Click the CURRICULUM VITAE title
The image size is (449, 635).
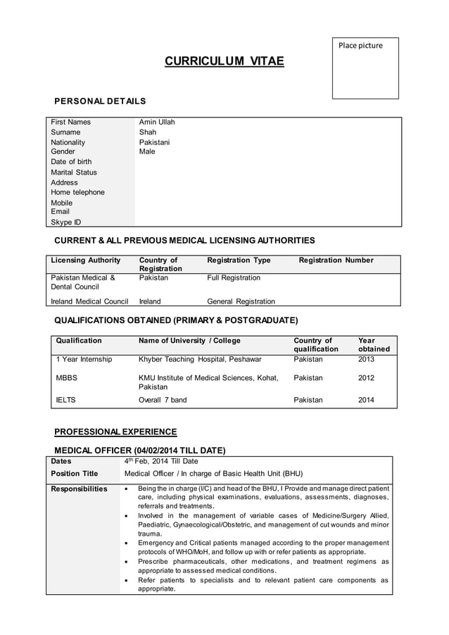click(x=224, y=62)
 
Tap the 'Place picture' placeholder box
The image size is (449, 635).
click(x=365, y=68)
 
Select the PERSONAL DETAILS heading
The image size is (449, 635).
click(x=101, y=101)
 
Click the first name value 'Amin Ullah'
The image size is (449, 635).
click(x=157, y=122)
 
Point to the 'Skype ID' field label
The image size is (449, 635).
click(x=65, y=222)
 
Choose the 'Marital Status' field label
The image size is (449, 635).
click(x=74, y=172)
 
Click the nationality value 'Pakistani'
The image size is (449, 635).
click(x=154, y=142)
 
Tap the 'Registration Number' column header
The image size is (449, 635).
click(x=336, y=260)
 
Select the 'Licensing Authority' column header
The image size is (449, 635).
click(x=86, y=260)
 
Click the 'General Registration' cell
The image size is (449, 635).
click(x=241, y=301)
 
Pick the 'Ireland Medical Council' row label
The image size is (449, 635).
click(x=89, y=301)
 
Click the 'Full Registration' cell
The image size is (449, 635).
click(x=234, y=278)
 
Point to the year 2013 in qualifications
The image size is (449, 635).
click(x=366, y=359)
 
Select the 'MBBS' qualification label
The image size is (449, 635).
click(x=66, y=378)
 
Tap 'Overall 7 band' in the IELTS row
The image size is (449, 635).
click(x=163, y=400)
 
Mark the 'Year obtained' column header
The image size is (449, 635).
click(x=373, y=345)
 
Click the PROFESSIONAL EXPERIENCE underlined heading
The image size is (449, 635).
click(x=115, y=432)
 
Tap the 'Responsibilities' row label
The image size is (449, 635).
click(x=80, y=489)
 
